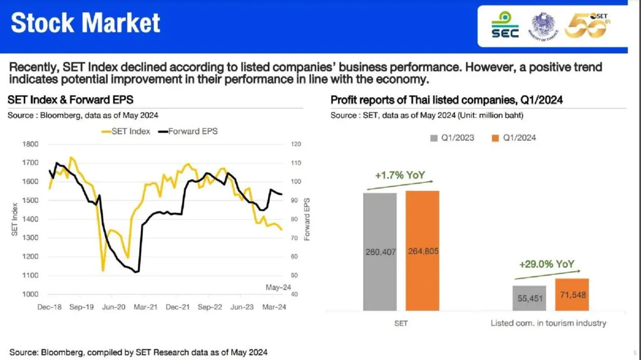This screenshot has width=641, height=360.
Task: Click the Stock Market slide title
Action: coord(86,24)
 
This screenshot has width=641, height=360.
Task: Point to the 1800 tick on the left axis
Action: coord(31,144)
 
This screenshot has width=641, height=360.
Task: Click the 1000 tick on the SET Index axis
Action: coord(31,294)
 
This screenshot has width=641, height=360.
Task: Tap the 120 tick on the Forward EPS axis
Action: coord(297,144)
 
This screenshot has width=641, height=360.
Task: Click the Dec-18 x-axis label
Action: coord(48,307)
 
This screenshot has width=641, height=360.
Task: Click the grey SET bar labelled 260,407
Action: coord(379,252)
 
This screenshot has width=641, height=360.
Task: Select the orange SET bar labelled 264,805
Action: coord(422,250)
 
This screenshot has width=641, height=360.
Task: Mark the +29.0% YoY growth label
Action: coord(546,264)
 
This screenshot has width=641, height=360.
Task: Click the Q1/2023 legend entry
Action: coord(452,138)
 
